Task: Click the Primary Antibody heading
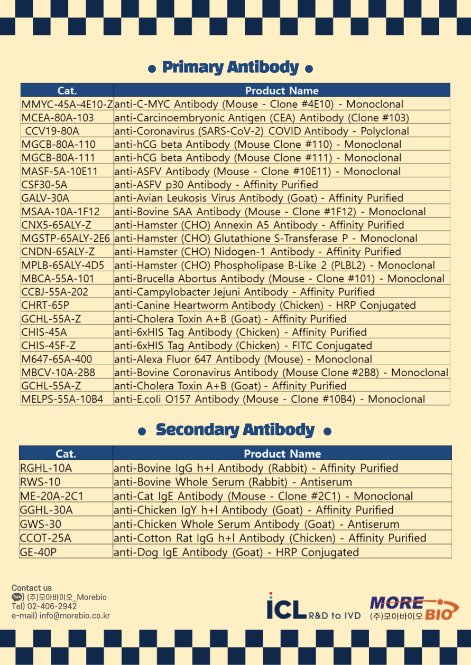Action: click(x=230, y=68)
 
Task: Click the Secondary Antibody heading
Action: click(x=235, y=430)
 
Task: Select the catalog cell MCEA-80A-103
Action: click(x=58, y=118)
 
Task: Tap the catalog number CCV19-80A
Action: click(x=52, y=131)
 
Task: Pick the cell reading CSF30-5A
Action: click(x=44, y=185)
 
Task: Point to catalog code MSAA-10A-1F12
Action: click(x=60, y=212)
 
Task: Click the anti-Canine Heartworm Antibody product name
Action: click(x=265, y=305)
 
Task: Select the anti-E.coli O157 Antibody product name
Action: click(x=269, y=399)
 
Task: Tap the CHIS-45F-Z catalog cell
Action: click(x=49, y=346)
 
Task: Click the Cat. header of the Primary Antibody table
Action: click(x=67, y=91)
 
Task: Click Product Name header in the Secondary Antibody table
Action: click(x=282, y=453)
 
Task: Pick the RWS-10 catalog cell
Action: click(x=40, y=482)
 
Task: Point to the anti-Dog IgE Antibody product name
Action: click(x=236, y=552)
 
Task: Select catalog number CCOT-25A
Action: click(x=45, y=538)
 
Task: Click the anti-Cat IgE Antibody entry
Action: click(x=263, y=496)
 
